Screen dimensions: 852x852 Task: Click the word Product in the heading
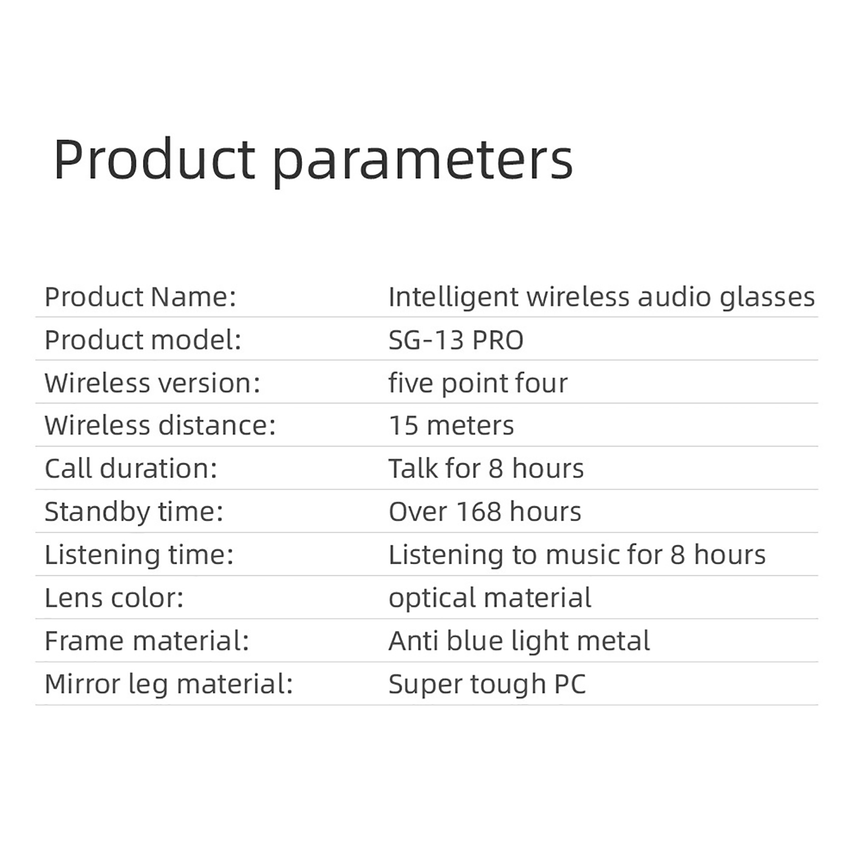click(x=154, y=159)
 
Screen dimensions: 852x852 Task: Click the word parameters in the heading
click(x=423, y=162)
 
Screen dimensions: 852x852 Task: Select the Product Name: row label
click(x=140, y=297)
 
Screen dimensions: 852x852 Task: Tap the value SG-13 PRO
click(x=456, y=340)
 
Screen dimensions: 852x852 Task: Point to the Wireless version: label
click(x=152, y=383)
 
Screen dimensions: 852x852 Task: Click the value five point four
click(x=478, y=383)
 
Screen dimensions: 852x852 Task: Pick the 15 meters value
click(x=452, y=425)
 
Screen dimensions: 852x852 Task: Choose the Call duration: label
click(x=131, y=469)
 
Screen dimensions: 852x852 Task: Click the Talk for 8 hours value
click(x=486, y=469)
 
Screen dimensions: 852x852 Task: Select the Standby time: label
click(x=134, y=512)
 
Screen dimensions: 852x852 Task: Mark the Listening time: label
click(x=139, y=555)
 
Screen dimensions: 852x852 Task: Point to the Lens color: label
click(x=114, y=598)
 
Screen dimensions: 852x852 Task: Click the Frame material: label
click(x=147, y=641)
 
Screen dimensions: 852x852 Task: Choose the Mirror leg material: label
click(x=169, y=685)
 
